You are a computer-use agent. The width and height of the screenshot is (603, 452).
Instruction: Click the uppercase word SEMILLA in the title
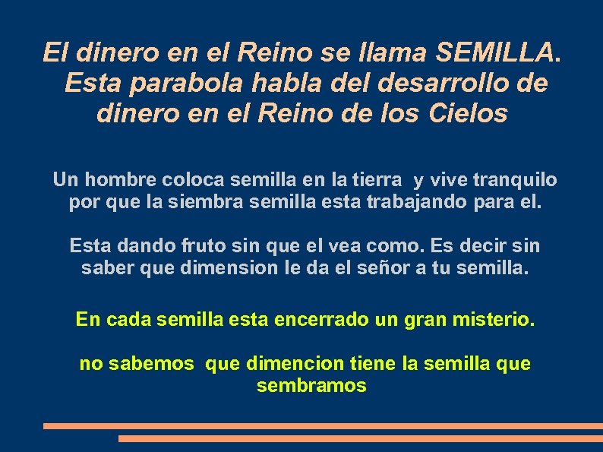[500, 52]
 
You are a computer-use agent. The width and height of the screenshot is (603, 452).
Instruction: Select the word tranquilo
[514, 180]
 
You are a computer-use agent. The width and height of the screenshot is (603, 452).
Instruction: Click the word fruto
[199, 246]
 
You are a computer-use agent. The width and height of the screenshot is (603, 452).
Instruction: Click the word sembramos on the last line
[311, 386]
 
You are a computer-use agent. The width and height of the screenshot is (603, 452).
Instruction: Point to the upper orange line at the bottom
[323, 426]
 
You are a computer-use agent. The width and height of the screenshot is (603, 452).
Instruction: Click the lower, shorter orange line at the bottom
[360, 438]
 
